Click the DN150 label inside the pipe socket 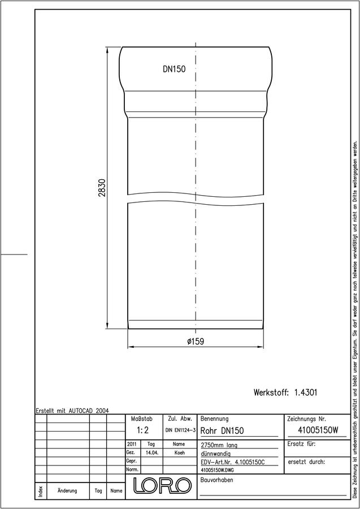pyautogui.click(x=174, y=69)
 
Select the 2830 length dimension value pyautogui.click(x=102, y=188)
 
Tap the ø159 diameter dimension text pyautogui.click(x=196, y=342)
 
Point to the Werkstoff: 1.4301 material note pyautogui.click(x=285, y=392)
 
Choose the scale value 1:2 pyautogui.click(x=142, y=430)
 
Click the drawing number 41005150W pyautogui.click(x=318, y=430)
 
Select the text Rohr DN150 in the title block pyautogui.click(x=222, y=431)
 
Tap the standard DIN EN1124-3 pyautogui.click(x=180, y=430)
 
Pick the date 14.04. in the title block pyautogui.click(x=152, y=452)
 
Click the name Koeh pyautogui.click(x=180, y=452)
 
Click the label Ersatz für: pyautogui.click(x=302, y=444)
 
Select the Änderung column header pyautogui.click(x=67, y=490)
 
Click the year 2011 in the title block pyautogui.click(x=132, y=444)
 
